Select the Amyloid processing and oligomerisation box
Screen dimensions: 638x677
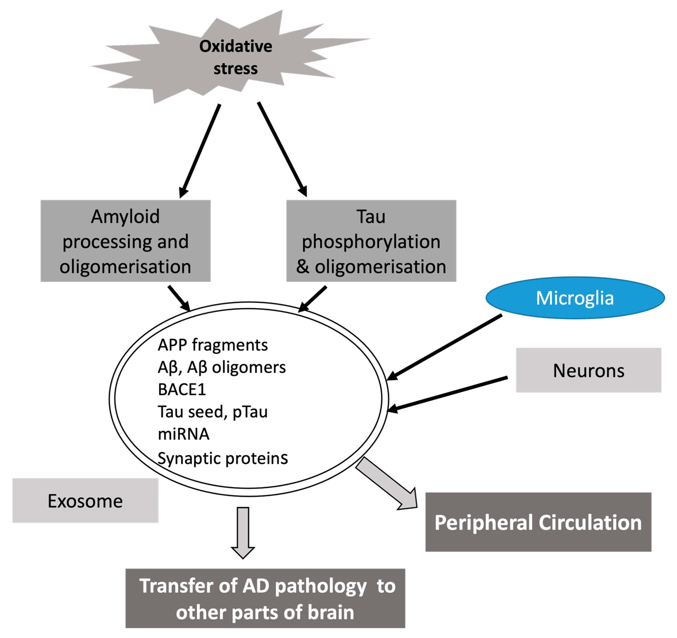tap(125, 241)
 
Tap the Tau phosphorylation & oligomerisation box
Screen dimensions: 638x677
tap(371, 241)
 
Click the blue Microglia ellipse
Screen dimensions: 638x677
tap(575, 298)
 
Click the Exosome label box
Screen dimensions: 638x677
tap(85, 501)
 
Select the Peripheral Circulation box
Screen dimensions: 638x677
tap(538, 522)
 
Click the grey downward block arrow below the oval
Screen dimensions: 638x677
tap(243, 531)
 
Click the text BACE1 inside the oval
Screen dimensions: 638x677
tap(182, 389)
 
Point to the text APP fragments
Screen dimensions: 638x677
tap(213, 345)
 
